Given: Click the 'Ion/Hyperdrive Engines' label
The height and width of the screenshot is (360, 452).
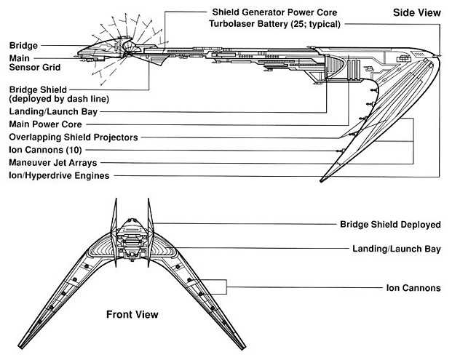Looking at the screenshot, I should pyautogui.click(x=59, y=175).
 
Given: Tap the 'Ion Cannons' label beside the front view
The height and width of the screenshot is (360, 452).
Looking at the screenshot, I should pyautogui.click(x=413, y=288).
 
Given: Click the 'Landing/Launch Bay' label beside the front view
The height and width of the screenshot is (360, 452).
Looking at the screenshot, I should pyautogui.click(x=397, y=249).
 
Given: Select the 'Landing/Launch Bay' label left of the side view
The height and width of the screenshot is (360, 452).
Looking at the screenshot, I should pyautogui.click(x=54, y=112).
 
